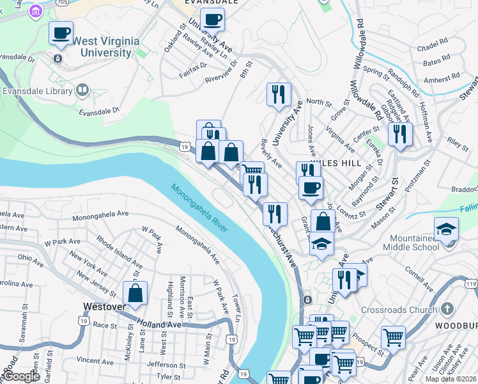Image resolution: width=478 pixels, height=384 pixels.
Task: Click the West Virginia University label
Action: (106, 47)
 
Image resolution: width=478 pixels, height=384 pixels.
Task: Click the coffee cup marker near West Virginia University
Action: (61, 33)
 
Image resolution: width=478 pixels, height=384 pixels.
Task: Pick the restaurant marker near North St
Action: (279, 94)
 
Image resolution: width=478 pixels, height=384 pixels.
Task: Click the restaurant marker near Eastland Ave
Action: (400, 134)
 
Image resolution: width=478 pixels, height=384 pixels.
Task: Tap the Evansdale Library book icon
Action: (82, 90)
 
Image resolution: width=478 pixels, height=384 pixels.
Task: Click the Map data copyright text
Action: (451, 379)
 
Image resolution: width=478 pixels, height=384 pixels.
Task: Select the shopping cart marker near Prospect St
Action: (392, 336)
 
